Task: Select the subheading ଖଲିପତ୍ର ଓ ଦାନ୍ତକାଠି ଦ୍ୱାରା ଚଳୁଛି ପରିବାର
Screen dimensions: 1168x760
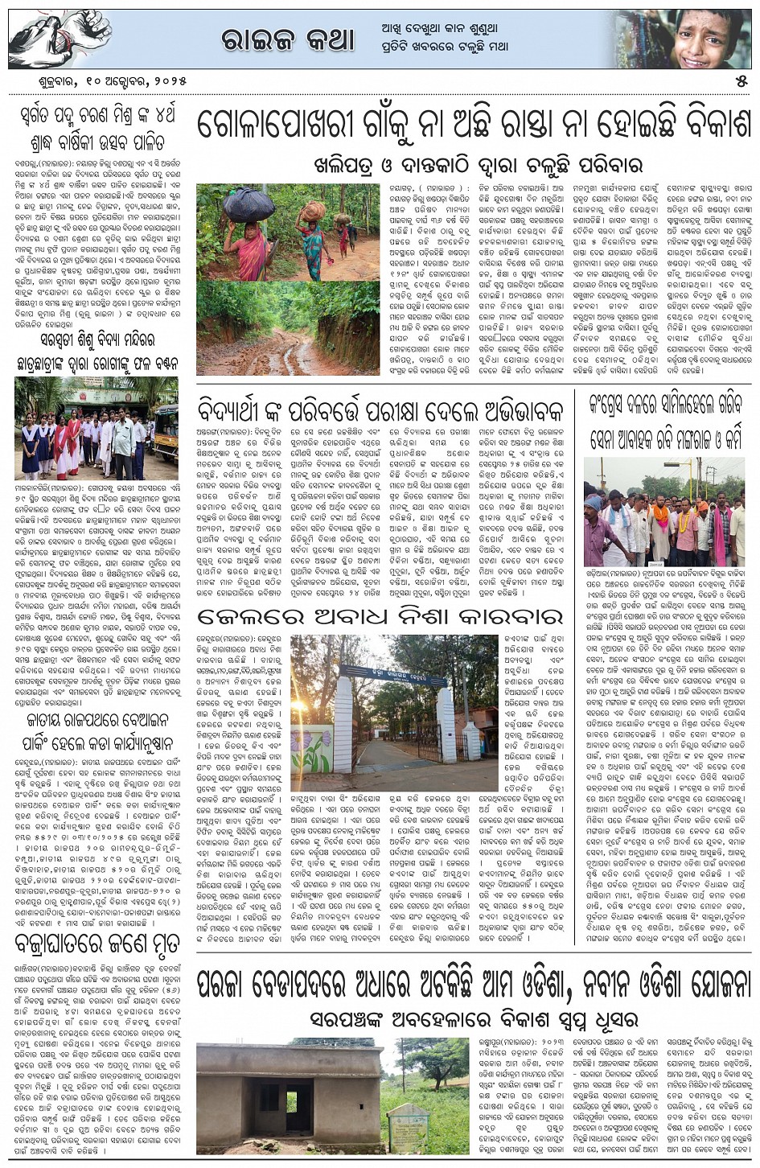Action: tap(478, 164)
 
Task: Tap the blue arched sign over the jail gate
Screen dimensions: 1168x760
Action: tap(378, 670)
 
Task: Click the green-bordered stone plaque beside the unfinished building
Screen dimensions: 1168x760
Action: tap(409, 1125)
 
